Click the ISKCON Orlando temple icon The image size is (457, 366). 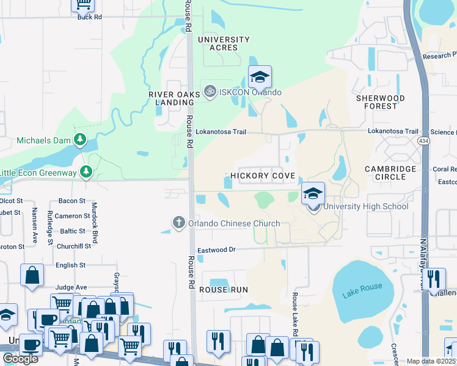[x=210, y=92]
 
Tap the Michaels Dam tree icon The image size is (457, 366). [x=79, y=140]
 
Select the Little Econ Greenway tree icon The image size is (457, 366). [x=87, y=173]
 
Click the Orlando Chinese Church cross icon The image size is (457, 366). [x=179, y=223]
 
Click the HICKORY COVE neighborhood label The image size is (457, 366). [x=263, y=176]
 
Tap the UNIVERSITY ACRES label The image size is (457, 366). [x=224, y=43]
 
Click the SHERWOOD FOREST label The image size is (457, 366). [x=380, y=102]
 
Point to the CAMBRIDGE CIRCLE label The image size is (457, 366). [x=390, y=173]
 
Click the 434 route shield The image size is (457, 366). [x=423, y=141]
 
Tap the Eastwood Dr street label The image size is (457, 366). [x=216, y=250]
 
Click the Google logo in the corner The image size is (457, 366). [x=20, y=359]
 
